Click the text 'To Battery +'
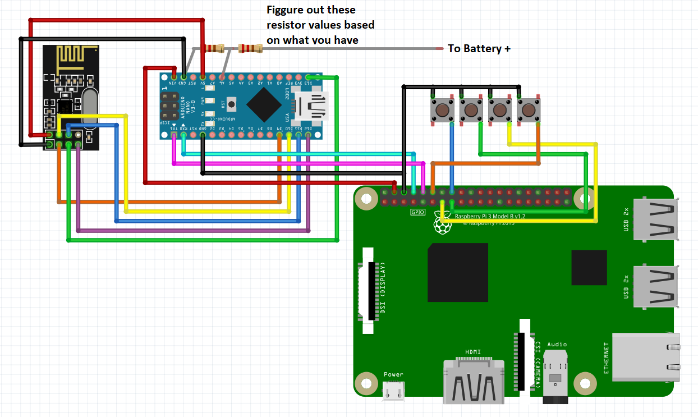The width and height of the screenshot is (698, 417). pos(479,49)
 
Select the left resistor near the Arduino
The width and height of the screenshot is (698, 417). pos(214,48)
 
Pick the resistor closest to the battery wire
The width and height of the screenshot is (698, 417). pos(250,49)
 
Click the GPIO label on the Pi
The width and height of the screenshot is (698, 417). pos(418,212)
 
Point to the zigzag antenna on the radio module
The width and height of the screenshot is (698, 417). pos(71,56)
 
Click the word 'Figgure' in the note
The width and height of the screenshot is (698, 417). pos(287,10)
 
